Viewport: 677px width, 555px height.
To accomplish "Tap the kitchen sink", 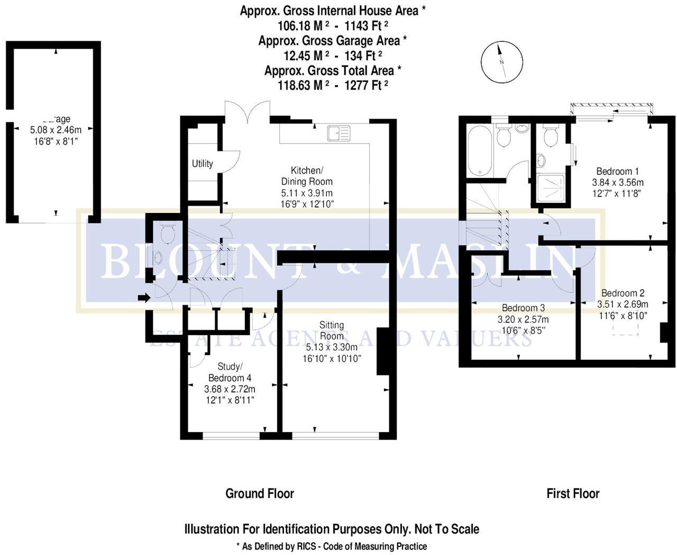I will [338, 133].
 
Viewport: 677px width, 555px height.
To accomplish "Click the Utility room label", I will [202, 163].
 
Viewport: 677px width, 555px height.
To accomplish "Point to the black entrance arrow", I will [143, 298].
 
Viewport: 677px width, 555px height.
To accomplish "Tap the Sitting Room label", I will [332, 330].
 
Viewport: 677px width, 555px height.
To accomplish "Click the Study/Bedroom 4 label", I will [230, 372].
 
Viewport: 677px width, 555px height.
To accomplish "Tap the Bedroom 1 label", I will [617, 171].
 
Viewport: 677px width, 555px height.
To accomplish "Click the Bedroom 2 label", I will [623, 293].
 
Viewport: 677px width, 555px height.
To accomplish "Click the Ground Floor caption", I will [260, 494].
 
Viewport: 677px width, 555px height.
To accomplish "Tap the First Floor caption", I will [573, 494].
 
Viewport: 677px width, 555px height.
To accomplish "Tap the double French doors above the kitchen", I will [248, 112].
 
